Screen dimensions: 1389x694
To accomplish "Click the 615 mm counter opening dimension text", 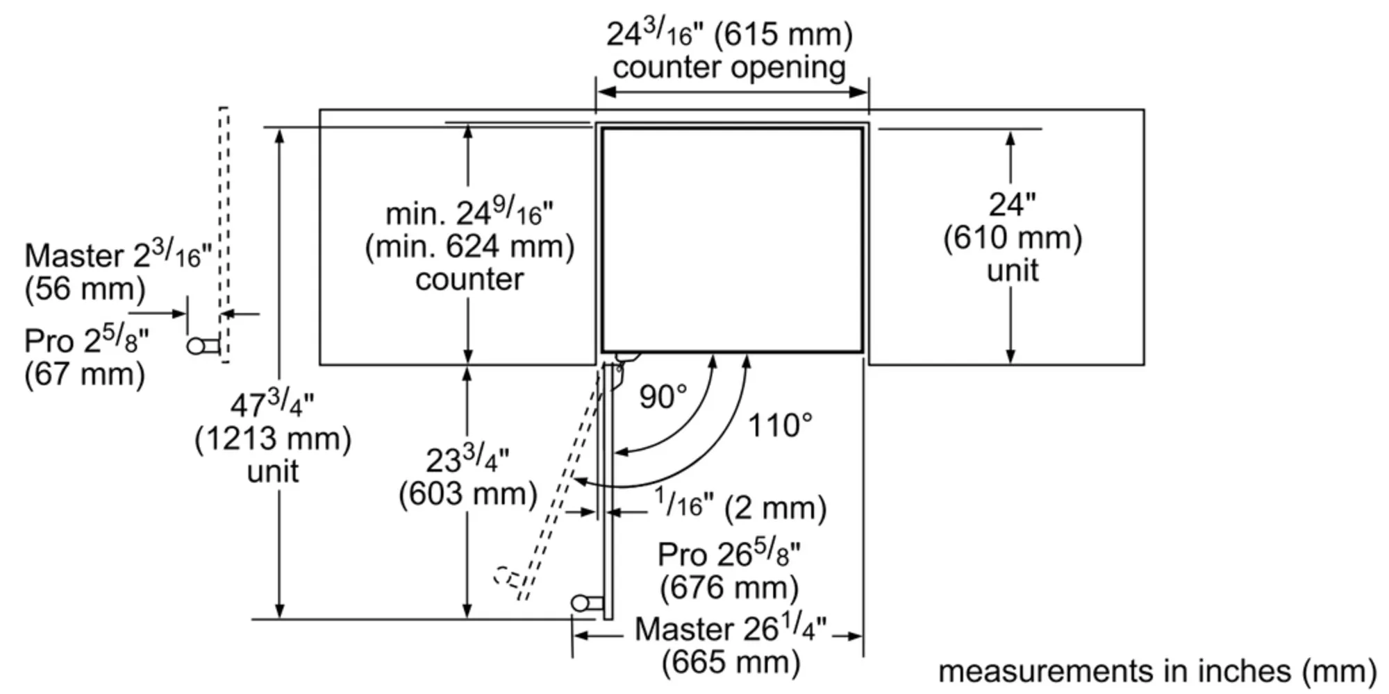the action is pos(729,51).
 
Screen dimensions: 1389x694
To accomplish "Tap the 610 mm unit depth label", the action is pos(1013,237).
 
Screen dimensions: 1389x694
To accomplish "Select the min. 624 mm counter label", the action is pos(469,246).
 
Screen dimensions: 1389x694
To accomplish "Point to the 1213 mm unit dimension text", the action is pos(273,438).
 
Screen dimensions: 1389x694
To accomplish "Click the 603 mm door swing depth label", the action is pos(468,477).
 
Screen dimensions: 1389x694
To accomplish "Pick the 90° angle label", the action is pos(663,396).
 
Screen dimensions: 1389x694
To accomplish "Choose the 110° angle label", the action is pos(779,425).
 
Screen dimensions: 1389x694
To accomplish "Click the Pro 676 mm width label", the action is pos(729,570).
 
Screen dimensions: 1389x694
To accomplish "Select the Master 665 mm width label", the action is pos(731,645).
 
